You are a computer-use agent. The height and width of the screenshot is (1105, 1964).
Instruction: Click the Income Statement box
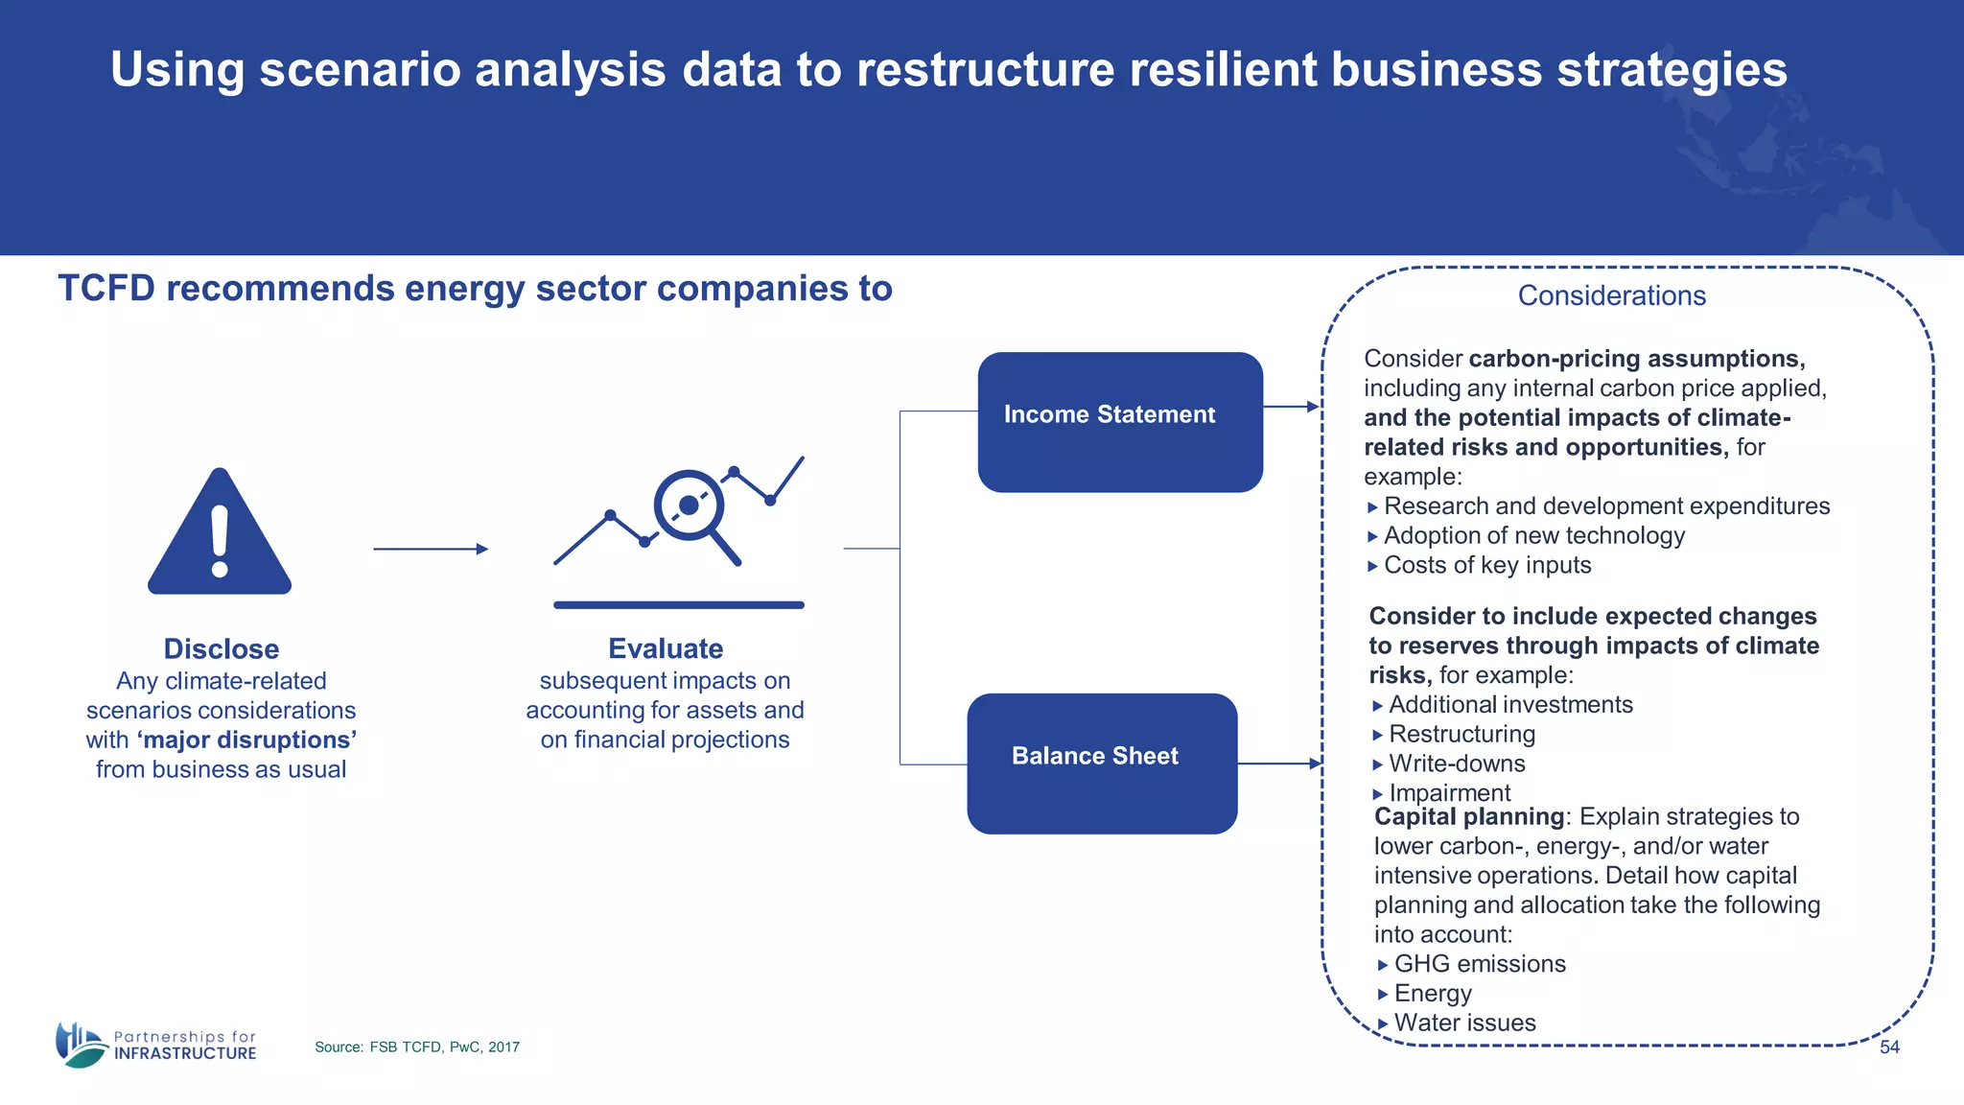click(x=1119, y=422)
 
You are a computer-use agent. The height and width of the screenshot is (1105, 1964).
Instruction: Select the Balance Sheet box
click(x=1101, y=763)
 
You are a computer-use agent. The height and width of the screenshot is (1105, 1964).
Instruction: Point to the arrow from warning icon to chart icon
click(x=430, y=549)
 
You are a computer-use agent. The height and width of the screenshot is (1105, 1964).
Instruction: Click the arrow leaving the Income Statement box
click(x=1291, y=407)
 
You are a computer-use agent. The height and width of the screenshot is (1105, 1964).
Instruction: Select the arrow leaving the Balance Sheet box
click(x=1279, y=764)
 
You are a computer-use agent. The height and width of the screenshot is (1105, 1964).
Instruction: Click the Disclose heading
click(x=221, y=649)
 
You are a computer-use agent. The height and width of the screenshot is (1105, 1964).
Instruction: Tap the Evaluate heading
click(x=666, y=649)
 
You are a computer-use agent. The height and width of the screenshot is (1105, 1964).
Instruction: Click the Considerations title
click(x=1611, y=295)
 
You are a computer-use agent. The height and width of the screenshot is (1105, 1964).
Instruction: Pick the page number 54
click(x=1889, y=1047)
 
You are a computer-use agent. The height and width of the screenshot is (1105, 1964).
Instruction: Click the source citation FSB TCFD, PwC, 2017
click(x=417, y=1047)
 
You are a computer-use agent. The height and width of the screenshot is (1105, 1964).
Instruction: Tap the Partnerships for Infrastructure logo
click(x=156, y=1045)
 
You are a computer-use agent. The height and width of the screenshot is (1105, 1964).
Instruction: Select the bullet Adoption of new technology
click(x=1533, y=536)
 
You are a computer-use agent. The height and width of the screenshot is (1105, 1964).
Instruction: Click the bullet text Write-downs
click(x=1457, y=764)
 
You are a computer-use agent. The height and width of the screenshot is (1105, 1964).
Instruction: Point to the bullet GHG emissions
click(x=1479, y=964)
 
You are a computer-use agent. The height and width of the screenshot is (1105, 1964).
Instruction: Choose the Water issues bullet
click(x=1464, y=1023)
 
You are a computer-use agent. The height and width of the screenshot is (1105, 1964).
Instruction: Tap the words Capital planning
click(x=1468, y=817)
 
